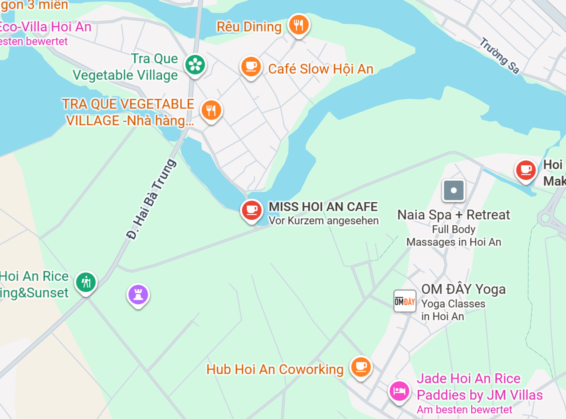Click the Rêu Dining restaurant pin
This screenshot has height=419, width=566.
click(299, 25)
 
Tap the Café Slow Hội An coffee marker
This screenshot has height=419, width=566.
click(251, 67)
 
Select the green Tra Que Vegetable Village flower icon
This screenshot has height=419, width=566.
click(195, 65)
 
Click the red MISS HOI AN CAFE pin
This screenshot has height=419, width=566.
click(251, 210)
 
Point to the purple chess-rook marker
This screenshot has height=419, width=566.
click(138, 295)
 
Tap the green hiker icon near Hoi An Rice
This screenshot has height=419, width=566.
click(86, 282)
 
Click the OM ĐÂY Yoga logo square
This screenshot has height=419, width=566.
click(405, 301)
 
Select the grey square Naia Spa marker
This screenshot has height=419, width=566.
click(453, 190)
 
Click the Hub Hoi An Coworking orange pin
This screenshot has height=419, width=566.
click(361, 367)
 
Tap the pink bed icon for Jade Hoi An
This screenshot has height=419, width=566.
click(399, 391)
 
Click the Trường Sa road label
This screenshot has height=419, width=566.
click(500, 56)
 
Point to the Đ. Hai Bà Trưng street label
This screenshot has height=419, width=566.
click(152, 199)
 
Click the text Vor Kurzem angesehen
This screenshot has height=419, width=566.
click(323, 221)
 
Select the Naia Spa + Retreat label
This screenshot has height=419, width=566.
click(453, 215)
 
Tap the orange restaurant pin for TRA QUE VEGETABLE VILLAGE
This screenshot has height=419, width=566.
click(211, 110)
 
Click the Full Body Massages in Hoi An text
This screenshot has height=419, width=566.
click(453, 235)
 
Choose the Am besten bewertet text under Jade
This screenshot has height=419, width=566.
click(464, 410)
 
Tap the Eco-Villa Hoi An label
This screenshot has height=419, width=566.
click(46, 27)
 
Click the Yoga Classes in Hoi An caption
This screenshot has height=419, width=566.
click(453, 310)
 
